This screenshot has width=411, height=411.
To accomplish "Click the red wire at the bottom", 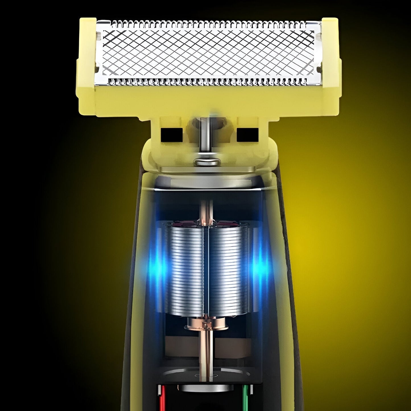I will click(x=162, y=398).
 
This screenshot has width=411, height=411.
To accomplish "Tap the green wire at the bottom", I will click(x=245, y=398).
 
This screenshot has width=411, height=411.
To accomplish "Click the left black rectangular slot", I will click(x=172, y=134).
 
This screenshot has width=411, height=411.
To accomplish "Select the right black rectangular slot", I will click(x=247, y=134).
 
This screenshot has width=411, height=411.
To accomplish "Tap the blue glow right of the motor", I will click(x=259, y=267).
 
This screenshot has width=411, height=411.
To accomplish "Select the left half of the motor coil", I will click(x=185, y=270).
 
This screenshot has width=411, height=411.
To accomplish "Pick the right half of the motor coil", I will click(x=228, y=270).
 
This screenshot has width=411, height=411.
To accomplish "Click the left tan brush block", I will click(x=182, y=347).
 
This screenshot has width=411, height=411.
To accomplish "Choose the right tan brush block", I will click(x=233, y=347).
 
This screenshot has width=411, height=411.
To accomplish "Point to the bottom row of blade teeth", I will click(x=208, y=82).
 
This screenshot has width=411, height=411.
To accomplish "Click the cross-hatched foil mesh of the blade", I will click(x=208, y=53).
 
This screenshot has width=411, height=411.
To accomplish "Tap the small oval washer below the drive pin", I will click(x=207, y=162).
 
